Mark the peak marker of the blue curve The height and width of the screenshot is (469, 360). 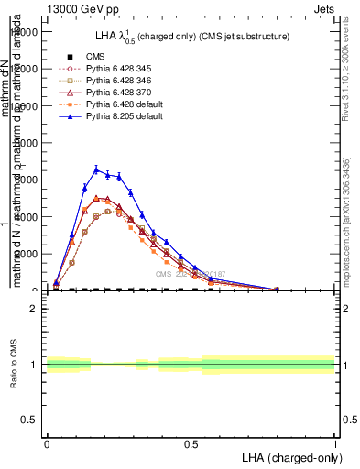[x=96, y=169]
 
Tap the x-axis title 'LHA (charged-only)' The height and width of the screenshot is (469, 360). [x=288, y=456]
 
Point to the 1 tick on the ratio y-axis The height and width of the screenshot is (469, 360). [x=34, y=365]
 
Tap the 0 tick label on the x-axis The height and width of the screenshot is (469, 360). [x=47, y=442]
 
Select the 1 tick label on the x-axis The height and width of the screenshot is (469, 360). [x=335, y=442]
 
